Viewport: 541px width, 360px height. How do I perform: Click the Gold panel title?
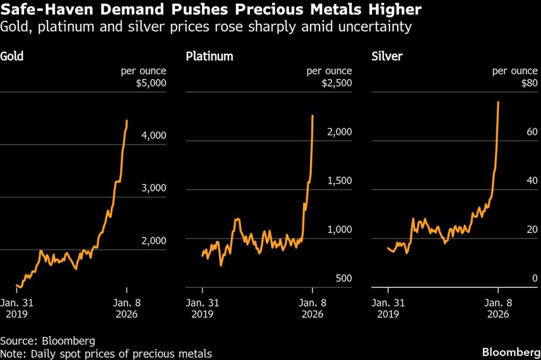coord(12,56)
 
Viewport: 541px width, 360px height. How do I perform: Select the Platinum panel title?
coord(209,56)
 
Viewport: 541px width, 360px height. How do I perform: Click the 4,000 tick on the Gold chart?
coord(154,136)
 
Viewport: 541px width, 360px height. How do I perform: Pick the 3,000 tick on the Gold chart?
coord(154,188)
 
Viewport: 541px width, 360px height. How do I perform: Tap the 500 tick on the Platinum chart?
coord(343,279)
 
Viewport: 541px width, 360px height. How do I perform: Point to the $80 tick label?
coord(530,83)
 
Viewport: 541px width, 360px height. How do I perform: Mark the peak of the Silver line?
coord(499,102)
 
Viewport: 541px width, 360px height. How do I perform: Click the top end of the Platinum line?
coord(313,116)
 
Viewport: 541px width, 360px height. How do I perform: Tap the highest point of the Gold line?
coord(127,121)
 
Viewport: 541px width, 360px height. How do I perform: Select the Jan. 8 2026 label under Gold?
coord(126,308)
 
